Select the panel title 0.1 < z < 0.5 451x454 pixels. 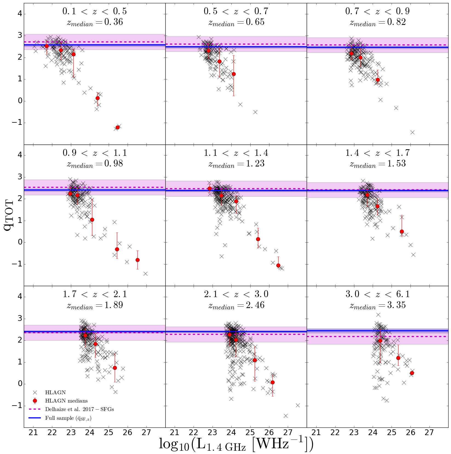coord(95,11)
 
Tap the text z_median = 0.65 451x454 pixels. coord(236,22)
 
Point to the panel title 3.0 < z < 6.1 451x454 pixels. coord(378,294)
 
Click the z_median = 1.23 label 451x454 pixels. coord(236,164)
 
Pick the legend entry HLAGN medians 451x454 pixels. coord(66,401)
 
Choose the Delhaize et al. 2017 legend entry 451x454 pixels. coord(79,409)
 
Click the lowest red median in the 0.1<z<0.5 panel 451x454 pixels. coord(117,127)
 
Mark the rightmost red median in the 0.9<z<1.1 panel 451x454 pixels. coord(137,260)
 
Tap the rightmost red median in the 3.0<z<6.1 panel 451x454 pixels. coord(412,373)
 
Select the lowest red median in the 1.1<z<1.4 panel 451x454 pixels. coord(278,265)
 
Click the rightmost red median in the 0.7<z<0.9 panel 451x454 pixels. coord(378,80)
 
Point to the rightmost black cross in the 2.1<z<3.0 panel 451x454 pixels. coord(298,405)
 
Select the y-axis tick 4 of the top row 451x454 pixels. coord(20,14)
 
